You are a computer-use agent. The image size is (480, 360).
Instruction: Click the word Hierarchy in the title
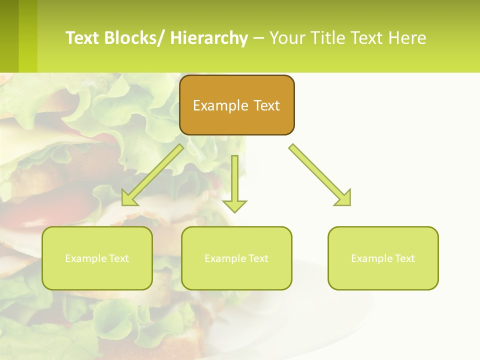(x=209, y=38)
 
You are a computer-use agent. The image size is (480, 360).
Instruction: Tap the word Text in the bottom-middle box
(x=258, y=258)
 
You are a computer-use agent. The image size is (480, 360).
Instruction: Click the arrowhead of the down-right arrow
(x=343, y=198)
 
